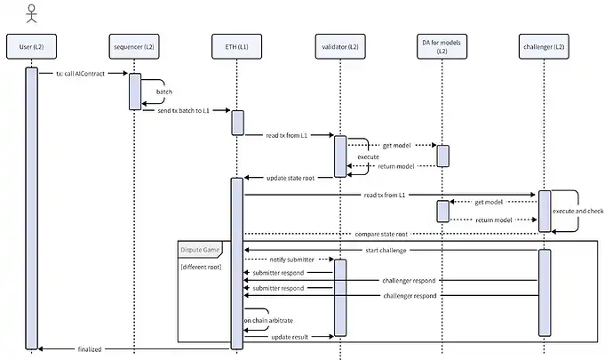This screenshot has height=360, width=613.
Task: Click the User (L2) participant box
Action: click(x=32, y=45)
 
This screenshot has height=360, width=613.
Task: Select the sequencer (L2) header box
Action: click(x=134, y=45)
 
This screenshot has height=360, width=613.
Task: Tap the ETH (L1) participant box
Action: click(x=237, y=45)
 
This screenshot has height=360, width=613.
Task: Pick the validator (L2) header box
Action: click(x=339, y=45)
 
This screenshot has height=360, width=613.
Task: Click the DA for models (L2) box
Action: click(x=442, y=45)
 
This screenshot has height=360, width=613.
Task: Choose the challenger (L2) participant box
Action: click(x=544, y=45)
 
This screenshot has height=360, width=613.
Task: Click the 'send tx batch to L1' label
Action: click(x=184, y=110)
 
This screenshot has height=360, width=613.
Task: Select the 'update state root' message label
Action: click(x=291, y=177)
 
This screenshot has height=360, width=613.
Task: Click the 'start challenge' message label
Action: click(x=386, y=250)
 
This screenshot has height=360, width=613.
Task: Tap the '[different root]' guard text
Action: click(x=201, y=267)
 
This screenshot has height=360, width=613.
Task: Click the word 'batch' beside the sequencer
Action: click(x=164, y=91)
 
